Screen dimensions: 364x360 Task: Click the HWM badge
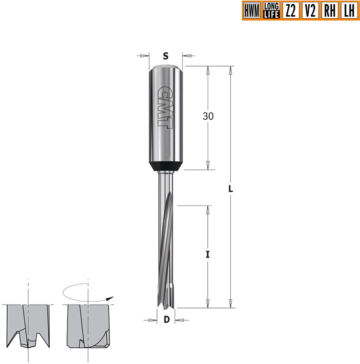point(251,11)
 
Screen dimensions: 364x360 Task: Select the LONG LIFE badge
point(271,11)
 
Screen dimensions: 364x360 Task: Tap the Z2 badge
point(290,11)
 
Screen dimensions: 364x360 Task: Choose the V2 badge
point(310,11)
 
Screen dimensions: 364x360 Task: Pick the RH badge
point(329,11)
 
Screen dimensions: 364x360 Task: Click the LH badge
point(349,11)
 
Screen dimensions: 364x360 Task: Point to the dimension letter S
point(166,56)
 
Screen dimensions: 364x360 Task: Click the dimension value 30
point(208,116)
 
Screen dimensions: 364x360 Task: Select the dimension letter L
point(230,189)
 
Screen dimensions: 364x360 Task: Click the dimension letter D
point(166,320)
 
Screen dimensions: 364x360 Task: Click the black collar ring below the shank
point(166,167)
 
